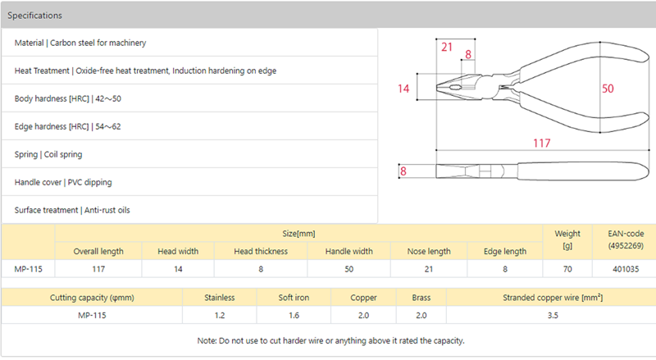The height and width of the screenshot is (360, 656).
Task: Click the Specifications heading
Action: pos(34,16)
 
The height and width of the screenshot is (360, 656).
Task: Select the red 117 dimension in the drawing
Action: pos(541,144)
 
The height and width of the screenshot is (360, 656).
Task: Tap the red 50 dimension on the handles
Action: pos(608,89)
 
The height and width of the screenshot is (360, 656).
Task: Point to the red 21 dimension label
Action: pos(447,47)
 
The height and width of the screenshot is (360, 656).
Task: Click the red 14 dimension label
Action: pos(403,89)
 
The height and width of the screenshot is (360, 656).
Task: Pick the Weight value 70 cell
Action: pos(567,269)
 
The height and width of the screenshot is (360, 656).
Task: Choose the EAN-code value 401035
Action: pos(626,269)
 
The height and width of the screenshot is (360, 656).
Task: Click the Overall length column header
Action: pos(98,251)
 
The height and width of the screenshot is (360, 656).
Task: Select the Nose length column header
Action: pos(429,251)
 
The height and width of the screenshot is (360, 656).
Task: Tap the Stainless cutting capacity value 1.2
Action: pos(220,315)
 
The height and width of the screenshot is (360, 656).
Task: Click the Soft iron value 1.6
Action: pos(294,315)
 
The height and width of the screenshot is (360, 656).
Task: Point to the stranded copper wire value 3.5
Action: pos(553,315)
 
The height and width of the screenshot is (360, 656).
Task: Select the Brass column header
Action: pos(421,298)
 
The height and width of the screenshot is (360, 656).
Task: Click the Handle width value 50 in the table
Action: pos(349,269)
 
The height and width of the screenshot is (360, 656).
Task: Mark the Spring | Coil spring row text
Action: pos(48,154)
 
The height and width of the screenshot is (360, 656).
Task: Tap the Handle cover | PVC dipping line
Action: pos(63,182)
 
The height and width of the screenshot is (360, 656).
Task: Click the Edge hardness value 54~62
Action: pos(108,126)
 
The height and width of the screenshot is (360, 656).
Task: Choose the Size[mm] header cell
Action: pos(298,234)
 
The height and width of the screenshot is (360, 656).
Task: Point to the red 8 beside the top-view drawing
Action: pos(403,171)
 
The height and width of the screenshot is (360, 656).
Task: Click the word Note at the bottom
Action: pos(206,341)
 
